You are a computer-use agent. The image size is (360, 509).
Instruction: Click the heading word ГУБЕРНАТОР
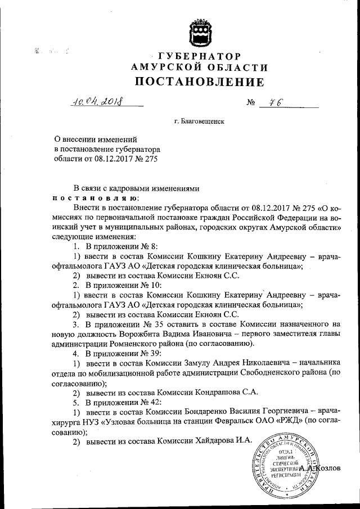[x=199, y=57]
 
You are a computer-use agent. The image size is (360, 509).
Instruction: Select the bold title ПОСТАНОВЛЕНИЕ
[x=199, y=83]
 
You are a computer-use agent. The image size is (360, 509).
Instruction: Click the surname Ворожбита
[x=142, y=334]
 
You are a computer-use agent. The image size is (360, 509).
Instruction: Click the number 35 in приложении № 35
[x=151, y=324]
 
